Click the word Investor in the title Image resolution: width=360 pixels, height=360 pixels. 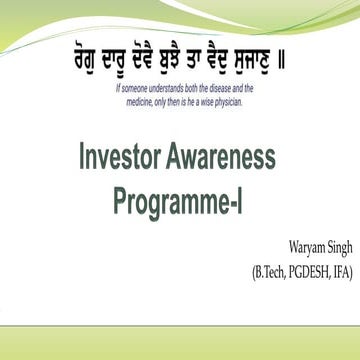click(x=119, y=158)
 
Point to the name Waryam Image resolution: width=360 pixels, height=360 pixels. click(x=290, y=246)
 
